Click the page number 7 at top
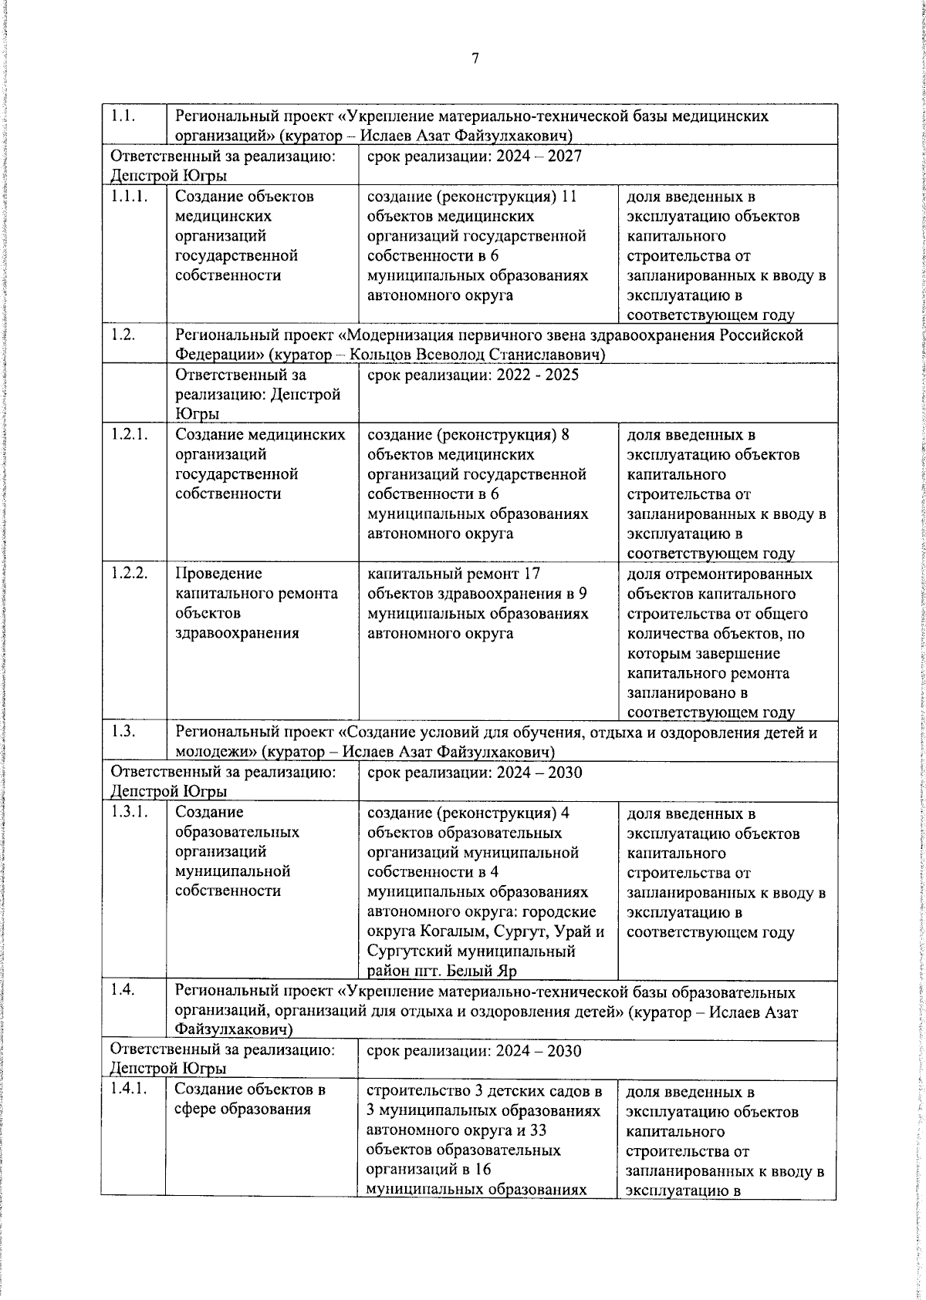click(x=475, y=59)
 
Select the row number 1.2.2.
click(x=129, y=573)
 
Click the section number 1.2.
click(x=123, y=334)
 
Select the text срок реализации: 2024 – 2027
click(x=474, y=156)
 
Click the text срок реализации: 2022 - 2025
click(x=472, y=375)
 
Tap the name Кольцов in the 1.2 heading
click(x=380, y=355)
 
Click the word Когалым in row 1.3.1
click(x=455, y=931)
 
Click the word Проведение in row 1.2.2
click(x=218, y=574)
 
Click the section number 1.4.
click(x=123, y=991)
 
